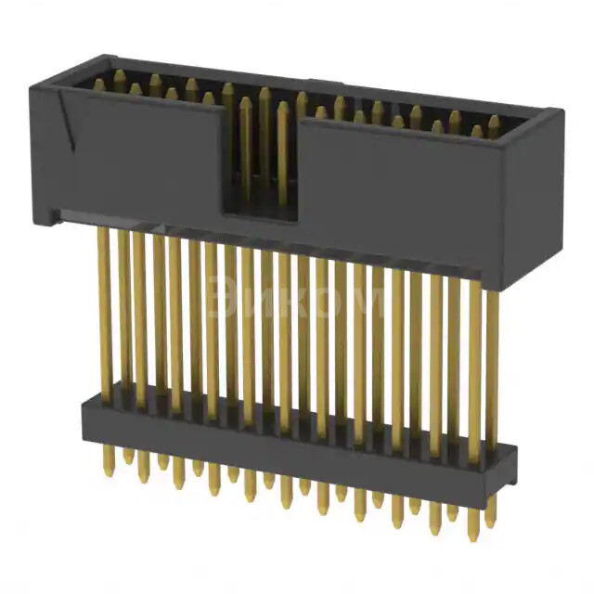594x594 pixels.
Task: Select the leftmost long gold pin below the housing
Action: click(x=104, y=306)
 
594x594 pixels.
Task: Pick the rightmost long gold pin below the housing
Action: click(x=492, y=362)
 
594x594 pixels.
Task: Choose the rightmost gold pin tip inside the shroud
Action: click(x=494, y=122)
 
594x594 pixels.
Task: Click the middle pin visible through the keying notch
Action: click(x=265, y=139)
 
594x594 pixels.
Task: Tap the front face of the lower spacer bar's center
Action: click(x=297, y=441)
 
